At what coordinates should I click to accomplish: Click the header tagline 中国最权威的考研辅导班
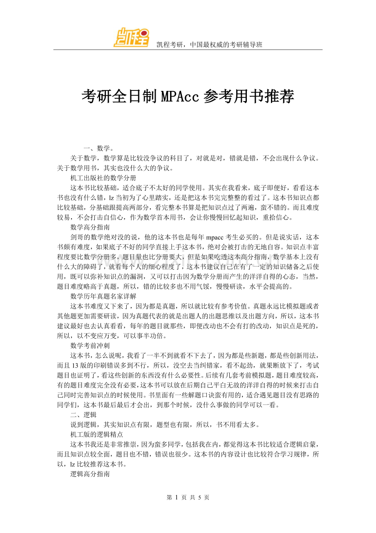tap(226, 45)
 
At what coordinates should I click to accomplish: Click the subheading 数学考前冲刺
tap(90, 345)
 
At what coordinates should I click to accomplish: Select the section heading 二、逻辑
tap(83, 415)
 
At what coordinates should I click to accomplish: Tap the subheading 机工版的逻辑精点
tap(97, 434)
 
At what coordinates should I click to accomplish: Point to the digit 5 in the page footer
tap(199, 497)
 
